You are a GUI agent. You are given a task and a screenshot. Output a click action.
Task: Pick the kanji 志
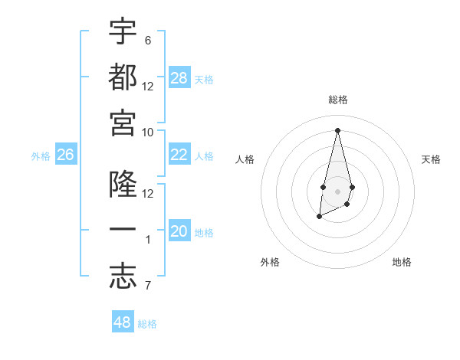pyautogui.click(x=123, y=277)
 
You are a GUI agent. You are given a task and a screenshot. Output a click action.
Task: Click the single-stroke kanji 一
pyautogui.click(x=123, y=231)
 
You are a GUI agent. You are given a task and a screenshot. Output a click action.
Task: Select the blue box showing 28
pyautogui.click(x=179, y=77)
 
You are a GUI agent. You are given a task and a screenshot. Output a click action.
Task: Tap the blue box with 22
pyautogui.click(x=179, y=155)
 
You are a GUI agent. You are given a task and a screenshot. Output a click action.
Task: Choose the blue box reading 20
pyautogui.click(x=179, y=231)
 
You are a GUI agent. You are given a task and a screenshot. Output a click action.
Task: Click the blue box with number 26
pyautogui.click(x=65, y=155)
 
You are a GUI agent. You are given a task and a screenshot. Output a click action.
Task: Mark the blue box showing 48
pyautogui.click(x=123, y=322)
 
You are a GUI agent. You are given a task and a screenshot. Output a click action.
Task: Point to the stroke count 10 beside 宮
pyautogui.click(x=148, y=132)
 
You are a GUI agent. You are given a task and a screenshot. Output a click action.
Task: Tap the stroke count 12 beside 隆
pyautogui.click(x=148, y=193)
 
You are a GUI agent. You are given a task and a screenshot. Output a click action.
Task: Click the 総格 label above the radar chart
pyautogui.click(x=337, y=100)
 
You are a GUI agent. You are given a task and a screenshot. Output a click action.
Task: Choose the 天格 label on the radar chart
pyautogui.click(x=431, y=159)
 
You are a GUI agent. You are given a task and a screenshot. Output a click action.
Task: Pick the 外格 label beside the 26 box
pyautogui.click(x=41, y=155)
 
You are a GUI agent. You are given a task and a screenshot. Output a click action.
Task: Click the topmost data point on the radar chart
pyautogui.click(x=337, y=129)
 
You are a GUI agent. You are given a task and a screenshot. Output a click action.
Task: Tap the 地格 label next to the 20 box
pyautogui.click(x=204, y=232)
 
